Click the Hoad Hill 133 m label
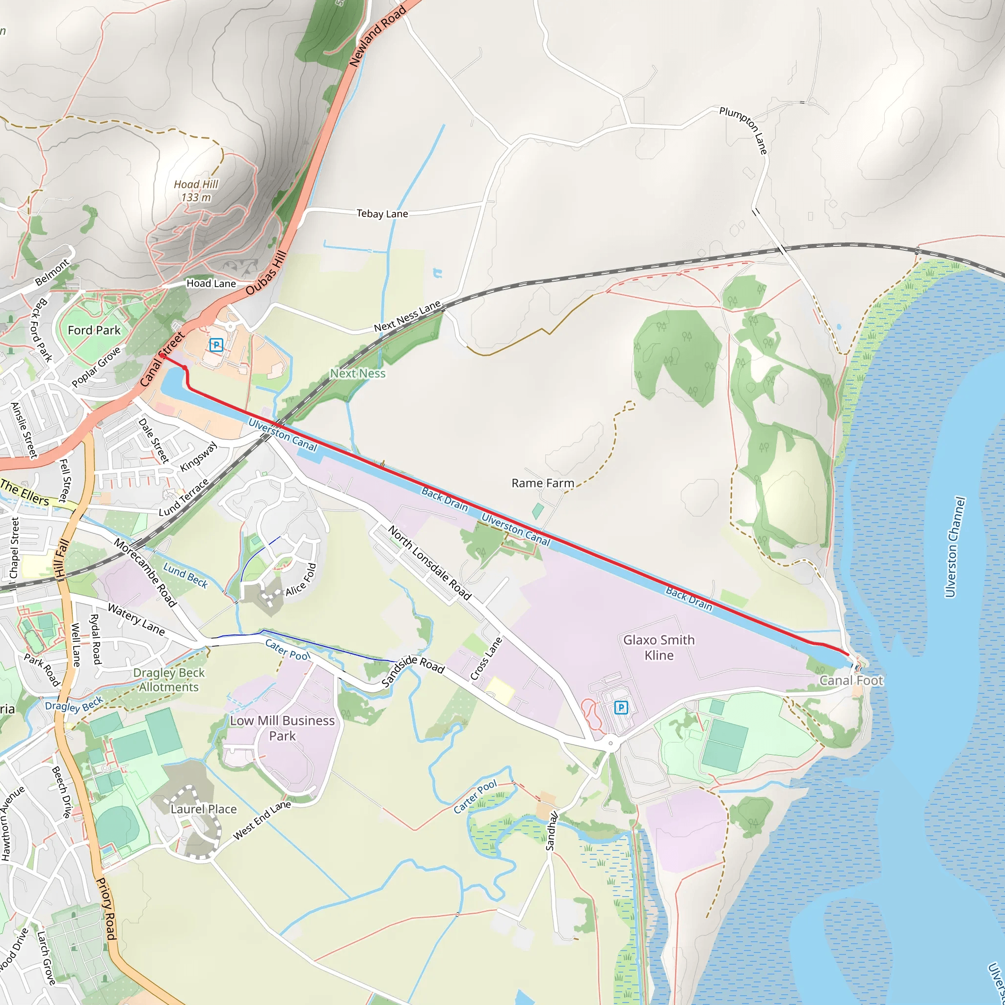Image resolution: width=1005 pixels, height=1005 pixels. (196, 191)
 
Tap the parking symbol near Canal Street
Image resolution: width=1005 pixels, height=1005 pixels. (216, 345)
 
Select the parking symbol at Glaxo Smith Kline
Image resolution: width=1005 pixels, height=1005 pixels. (621, 708)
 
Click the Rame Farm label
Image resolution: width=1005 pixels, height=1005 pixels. (543, 483)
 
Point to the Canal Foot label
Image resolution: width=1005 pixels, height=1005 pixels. (851, 681)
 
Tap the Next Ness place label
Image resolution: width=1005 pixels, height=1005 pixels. (358, 373)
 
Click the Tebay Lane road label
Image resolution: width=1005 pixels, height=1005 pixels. (382, 214)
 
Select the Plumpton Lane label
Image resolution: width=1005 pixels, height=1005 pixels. (744, 130)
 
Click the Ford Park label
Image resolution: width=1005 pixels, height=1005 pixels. (94, 330)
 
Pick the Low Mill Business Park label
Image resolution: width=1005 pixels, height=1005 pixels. (283, 728)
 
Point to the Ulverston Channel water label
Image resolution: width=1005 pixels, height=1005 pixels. (955, 547)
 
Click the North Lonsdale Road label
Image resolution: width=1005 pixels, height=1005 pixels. (430, 563)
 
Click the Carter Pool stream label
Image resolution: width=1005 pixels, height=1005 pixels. (475, 796)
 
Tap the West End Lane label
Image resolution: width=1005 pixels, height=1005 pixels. (262, 820)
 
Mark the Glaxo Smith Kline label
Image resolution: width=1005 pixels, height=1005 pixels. (659, 647)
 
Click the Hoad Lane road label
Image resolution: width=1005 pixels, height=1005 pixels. (211, 284)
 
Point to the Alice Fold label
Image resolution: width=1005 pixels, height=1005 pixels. (301, 580)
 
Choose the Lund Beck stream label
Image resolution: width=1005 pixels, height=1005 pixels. (185, 575)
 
